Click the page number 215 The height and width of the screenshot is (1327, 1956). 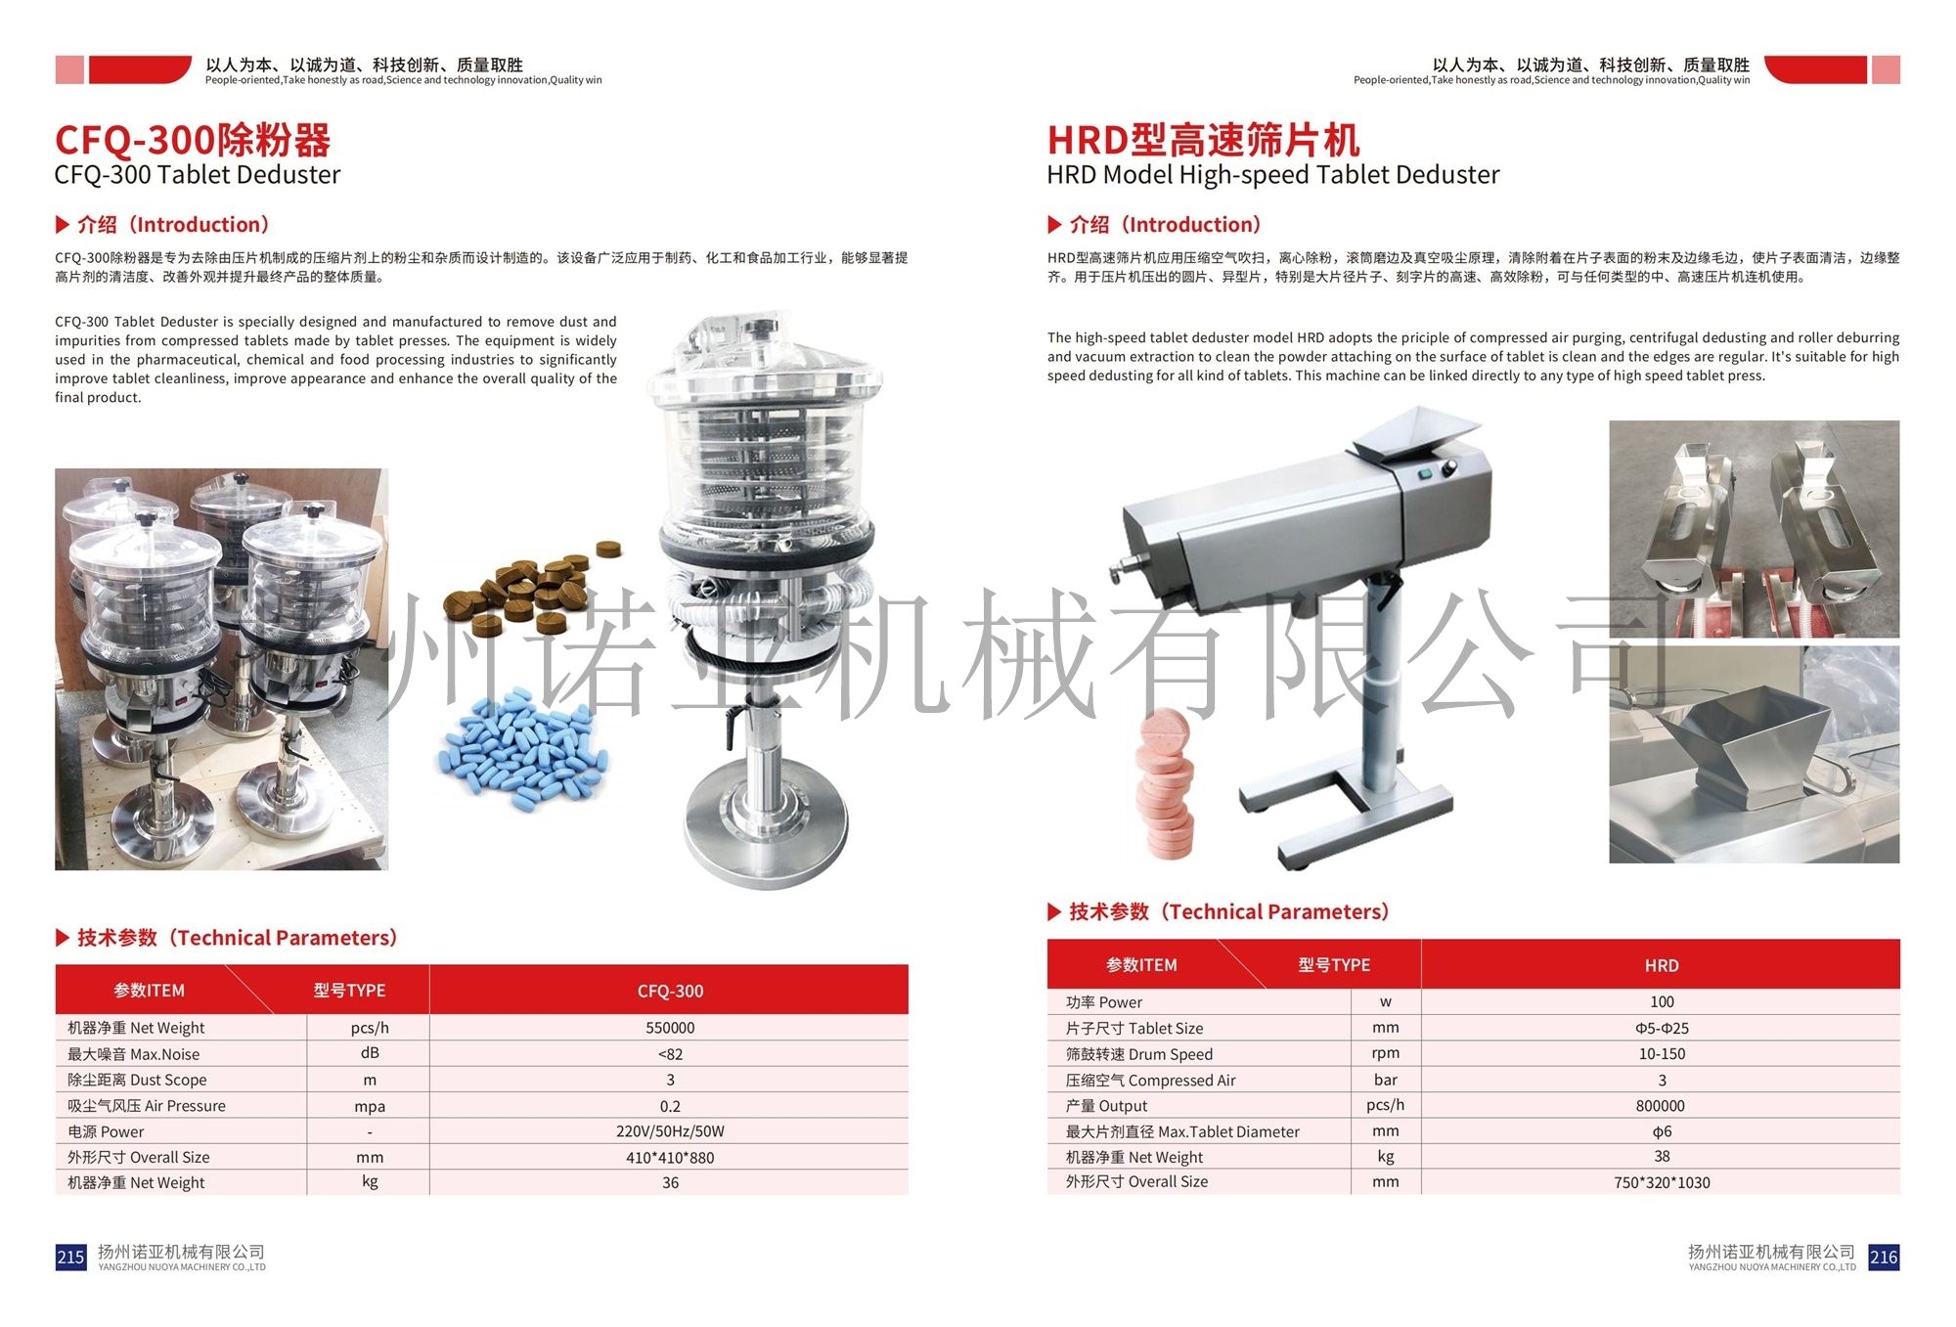click(x=70, y=1257)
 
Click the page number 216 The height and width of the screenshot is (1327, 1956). click(x=1883, y=1257)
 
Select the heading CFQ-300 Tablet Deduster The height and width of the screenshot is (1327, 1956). click(x=198, y=175)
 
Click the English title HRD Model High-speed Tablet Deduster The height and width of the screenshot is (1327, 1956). click(x=1272, y=175)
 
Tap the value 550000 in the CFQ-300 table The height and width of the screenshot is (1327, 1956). click(x=670, y=1028)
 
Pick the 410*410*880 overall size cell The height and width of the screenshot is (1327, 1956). click(x=670, y=1158)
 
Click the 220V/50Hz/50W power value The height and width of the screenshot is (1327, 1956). click(x=670, y=1131)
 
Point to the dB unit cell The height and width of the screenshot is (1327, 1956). click(x=370, y=1053)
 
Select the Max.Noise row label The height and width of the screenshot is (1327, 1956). click(x=134, y=1054)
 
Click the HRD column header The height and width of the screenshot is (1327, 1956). click(x=1661, y=965)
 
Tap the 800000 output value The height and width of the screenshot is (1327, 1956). click(x=1661, y=1106)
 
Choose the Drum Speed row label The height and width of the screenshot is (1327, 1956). click(x=1139, y=1054)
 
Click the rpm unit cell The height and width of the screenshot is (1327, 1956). click(x=1385, y=1053)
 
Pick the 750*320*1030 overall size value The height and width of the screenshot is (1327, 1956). click(x=1661, y=1182)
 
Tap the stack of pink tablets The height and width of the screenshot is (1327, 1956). click(x=1165, y=782)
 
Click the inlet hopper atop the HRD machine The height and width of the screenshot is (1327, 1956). click(x=1413, y=436)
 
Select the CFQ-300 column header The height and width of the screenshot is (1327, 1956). click(x=670, y=991)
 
